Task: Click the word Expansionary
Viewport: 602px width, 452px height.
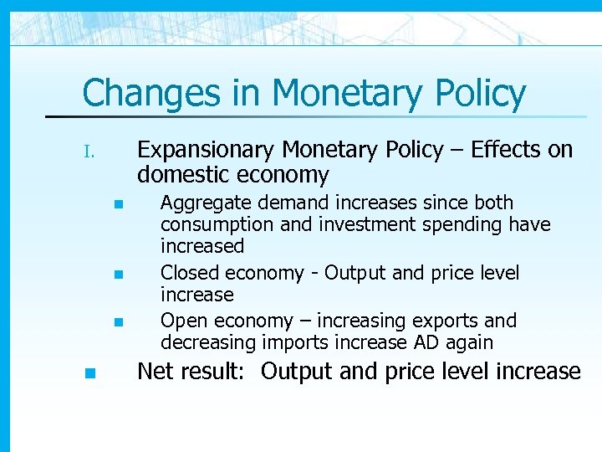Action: click(207, 150)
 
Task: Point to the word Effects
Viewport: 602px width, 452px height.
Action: click(507, 150)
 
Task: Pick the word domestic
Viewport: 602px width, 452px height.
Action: click(183, 175)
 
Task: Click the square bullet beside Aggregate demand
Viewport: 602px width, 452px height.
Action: click(119, 203)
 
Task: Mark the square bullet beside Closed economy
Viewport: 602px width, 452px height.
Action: click(119, 274)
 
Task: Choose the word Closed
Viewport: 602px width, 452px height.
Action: click(186, 274)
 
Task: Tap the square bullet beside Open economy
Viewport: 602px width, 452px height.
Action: click(119, 322)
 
